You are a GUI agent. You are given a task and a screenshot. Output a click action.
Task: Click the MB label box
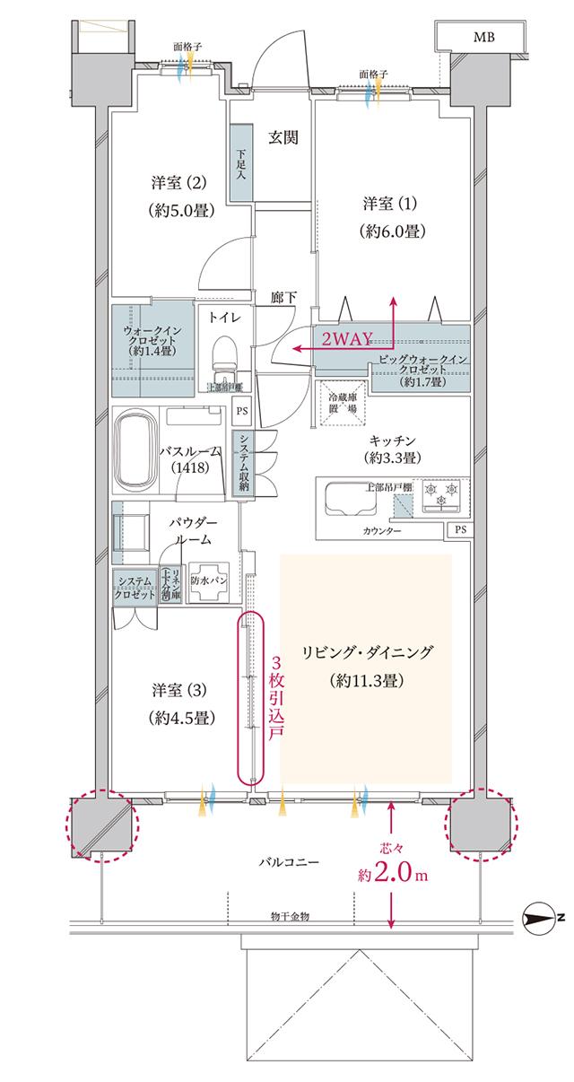click(484, 37)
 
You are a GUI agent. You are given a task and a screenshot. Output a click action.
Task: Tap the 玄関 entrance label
click(283, 137)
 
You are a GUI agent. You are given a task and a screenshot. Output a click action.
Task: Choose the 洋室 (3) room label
click(178, 703)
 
